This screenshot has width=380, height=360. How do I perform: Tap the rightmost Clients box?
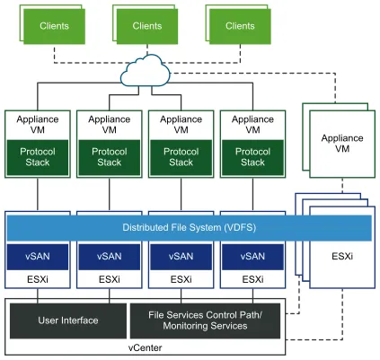(x=240, y=27)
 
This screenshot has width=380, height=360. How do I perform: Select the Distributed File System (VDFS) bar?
(x=189, y=228)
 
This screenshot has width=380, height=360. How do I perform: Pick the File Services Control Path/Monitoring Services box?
(x=206, y=320)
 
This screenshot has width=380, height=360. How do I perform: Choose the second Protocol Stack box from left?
(x=109, y=157)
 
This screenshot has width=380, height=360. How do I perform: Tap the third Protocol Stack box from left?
(x=181, y=157)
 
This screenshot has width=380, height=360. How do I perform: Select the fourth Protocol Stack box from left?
(x=252, y=157)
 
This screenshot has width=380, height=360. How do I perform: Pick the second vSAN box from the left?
(x=109, y=257)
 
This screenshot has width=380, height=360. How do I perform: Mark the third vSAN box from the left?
(x=181, y=257)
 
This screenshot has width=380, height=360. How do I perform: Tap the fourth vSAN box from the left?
(x=252, y=257)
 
